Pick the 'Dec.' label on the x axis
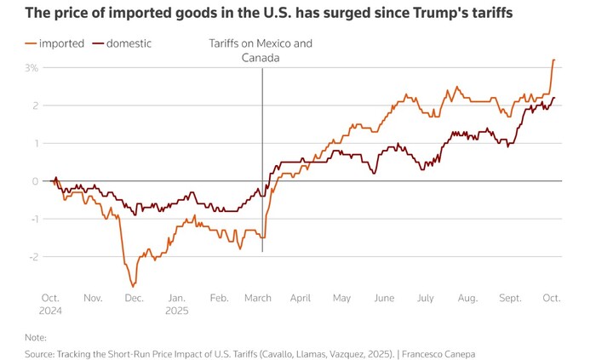coord(134,299)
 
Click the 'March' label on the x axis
coord(258,299)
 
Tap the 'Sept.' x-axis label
coord(510,299)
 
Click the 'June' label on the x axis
coord(384,299)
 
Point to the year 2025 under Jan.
coord(176,311)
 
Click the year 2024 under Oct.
coord(51,311)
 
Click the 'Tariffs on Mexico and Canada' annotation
coord(261,50)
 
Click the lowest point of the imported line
coord(133,285)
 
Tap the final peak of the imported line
coord(553,60)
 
